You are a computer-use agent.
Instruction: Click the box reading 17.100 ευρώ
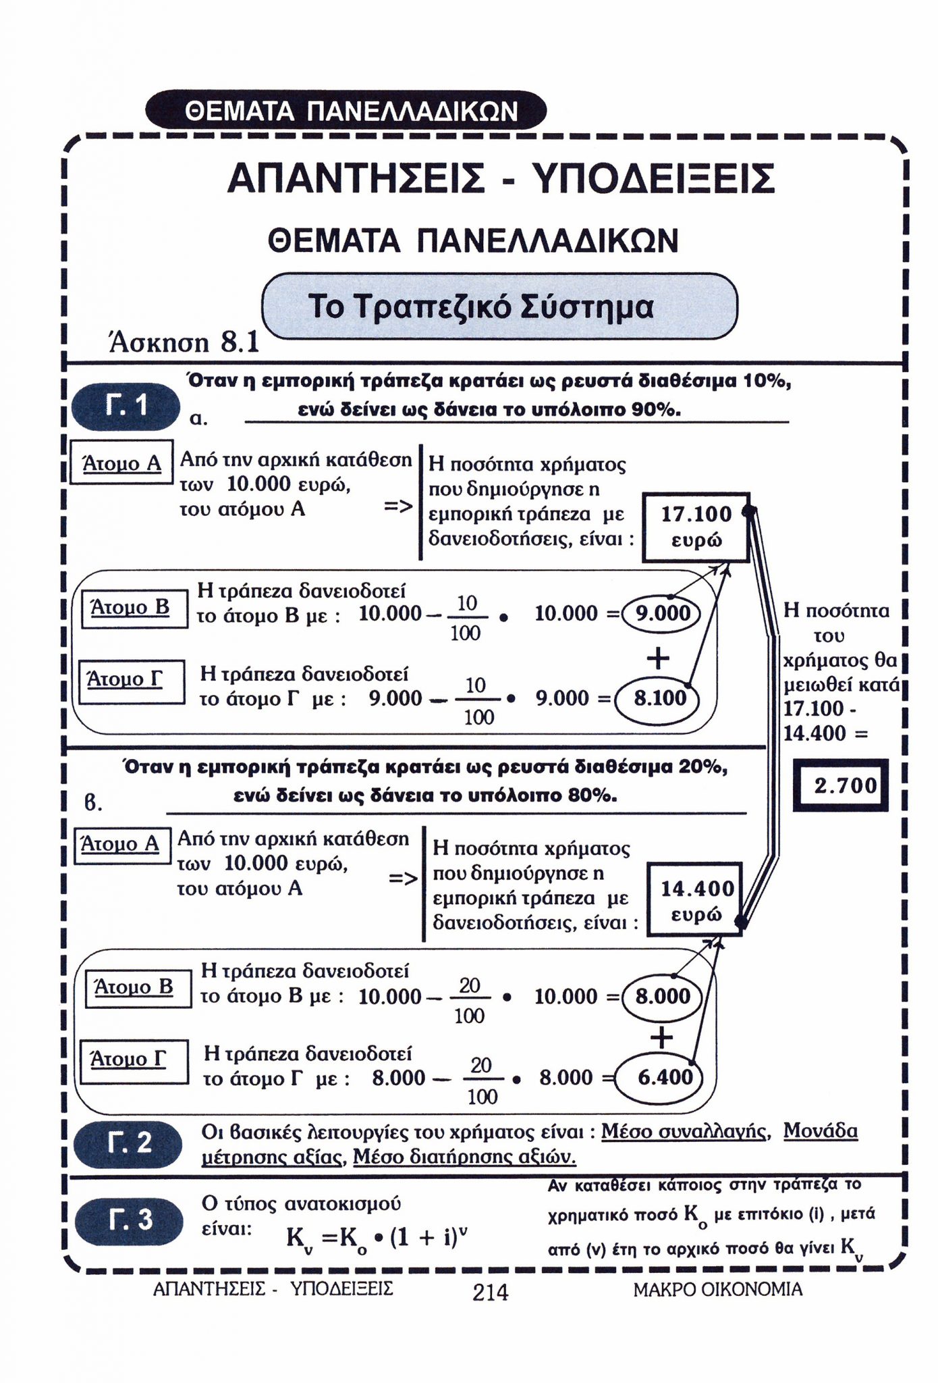(696, 527)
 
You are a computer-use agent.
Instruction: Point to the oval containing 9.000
(663, 613)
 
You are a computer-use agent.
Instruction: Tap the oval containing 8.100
(659, 698)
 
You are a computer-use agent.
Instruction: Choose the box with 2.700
(844, 785)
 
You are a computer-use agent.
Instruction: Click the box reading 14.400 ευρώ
(696, 901)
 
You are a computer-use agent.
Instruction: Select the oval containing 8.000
(663, 996)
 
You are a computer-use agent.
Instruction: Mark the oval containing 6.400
(664, 1076)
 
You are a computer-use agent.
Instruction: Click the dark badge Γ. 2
(129, 1143)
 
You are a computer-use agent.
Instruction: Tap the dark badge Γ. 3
(129, 1220)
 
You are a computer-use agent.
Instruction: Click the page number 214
(490, 1293)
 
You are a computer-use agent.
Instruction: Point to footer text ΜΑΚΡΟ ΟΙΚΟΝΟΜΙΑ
(718, 1290)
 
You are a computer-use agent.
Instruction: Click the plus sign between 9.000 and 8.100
(658, 657)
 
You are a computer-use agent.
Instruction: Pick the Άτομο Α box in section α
(121, 464)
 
